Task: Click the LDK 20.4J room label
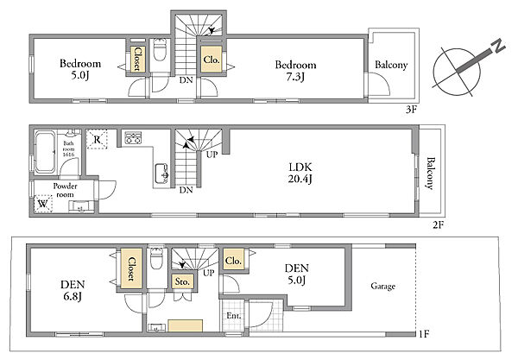point(300,173)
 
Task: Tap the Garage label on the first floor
point(382,286)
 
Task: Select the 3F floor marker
point(411,110)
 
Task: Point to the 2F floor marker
point(438,225)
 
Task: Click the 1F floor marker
point(424,334)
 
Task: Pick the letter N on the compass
point(498,47)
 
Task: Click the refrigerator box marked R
point(97,139)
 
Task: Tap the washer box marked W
point(43,204)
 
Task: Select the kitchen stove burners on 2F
point(133,137)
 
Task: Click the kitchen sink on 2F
point(162,174)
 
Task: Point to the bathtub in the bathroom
point(45,152)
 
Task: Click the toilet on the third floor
point(161,50)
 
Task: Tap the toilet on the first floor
point(155,259)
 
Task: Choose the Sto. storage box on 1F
point(182,281)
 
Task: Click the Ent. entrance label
point(234,316)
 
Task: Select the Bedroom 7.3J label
point(295,70)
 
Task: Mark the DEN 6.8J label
point(73,290)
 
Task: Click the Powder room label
point(65,190)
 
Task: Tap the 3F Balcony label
point(391,65)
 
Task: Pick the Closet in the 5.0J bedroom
point(136,59)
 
